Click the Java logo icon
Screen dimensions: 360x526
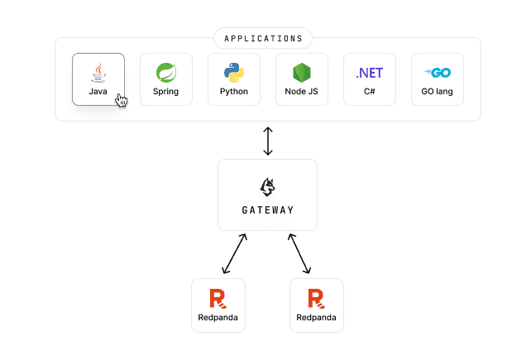coord(98,72)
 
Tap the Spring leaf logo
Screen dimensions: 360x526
coord(166,73)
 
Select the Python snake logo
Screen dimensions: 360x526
coord(234,73)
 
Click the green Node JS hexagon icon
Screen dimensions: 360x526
coord(302,73)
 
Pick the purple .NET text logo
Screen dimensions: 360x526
coord(370,73)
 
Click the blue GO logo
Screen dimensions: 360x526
coord(437,73)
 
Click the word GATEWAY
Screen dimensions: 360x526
coord(267,210)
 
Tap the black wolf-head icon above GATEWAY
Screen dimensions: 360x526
coord(267,185)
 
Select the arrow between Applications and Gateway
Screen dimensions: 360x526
coord(267,140)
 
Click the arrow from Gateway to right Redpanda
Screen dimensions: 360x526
coord(299,254)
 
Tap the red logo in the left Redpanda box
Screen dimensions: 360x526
coord(218,298)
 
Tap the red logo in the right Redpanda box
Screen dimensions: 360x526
coord(316,298)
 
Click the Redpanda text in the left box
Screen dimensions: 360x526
coord(218,318)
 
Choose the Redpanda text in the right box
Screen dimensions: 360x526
coord(316,318)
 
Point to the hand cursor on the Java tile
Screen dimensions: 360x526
coord(122,100)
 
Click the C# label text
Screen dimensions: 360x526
coord(370,91)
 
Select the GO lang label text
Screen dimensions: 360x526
coord(437,91)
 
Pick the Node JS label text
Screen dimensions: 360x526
coord(302,91)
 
